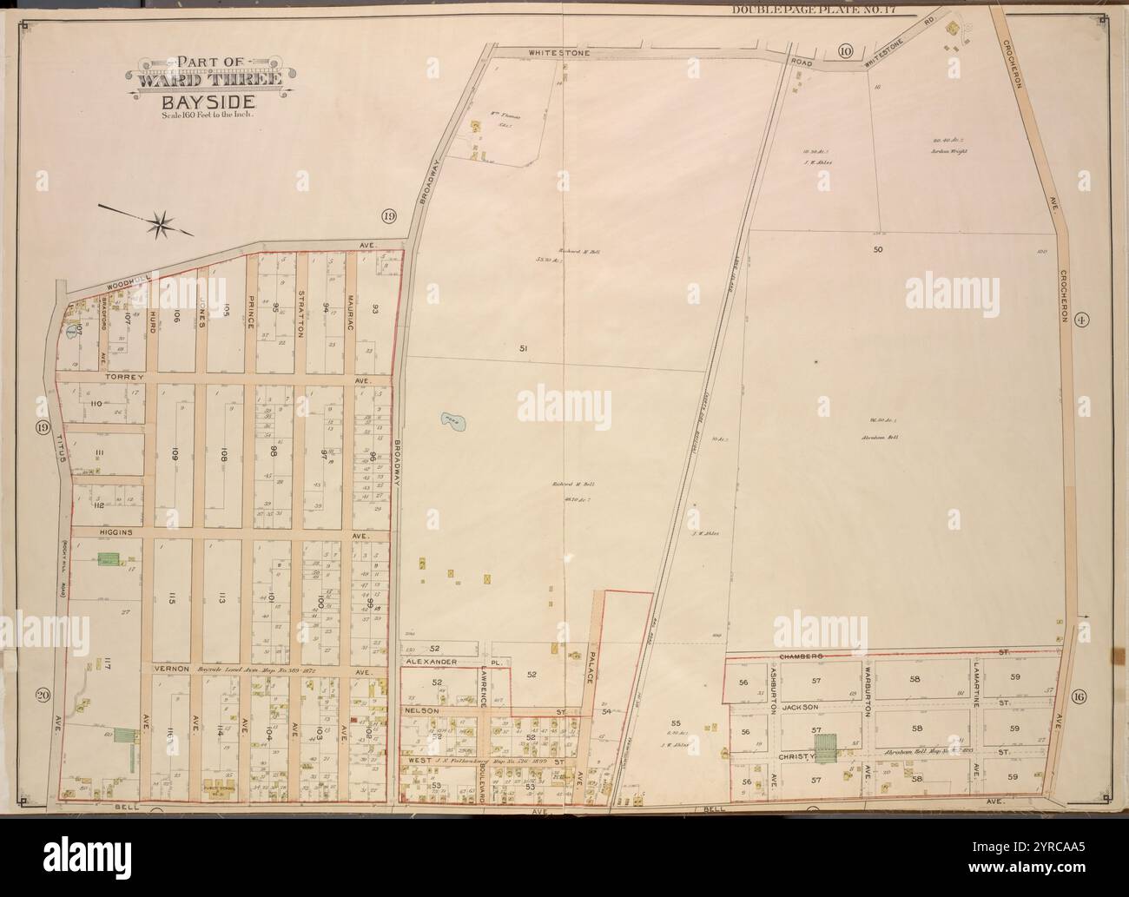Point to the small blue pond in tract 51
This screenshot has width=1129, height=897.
point(452,423)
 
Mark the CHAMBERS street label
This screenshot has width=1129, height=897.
point(802,657)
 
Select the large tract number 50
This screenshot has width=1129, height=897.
point(877,250)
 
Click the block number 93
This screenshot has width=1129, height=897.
point(376,308)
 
